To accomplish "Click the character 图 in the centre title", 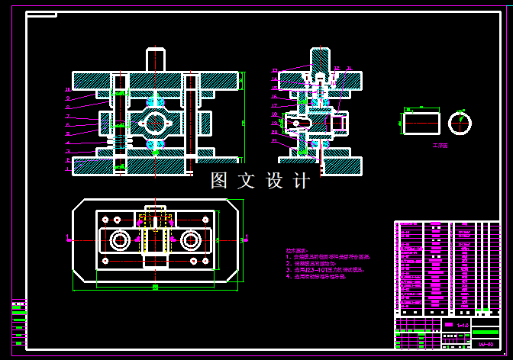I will tap(220, 181).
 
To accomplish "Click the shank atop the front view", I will tap(156, 59).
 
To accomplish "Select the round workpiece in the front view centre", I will tap(156, 122).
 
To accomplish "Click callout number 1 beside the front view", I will tap(67, 160).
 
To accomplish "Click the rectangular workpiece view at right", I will tap(421, 122).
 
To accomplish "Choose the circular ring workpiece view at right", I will tap(460, 122).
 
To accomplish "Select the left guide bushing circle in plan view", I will tap(120, 240).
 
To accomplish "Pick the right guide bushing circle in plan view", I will tap(190, 240).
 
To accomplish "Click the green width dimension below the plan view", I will tap(155, 288).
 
